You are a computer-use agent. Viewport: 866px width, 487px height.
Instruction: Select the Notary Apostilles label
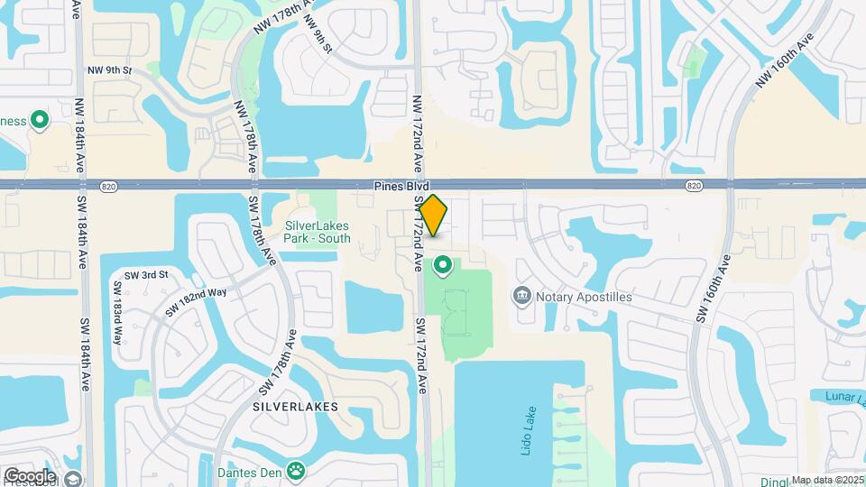[584, 297]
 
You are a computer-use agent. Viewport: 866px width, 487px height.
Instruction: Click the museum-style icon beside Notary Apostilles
[521, 296]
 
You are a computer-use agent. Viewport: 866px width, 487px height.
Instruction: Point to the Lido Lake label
[527, 432]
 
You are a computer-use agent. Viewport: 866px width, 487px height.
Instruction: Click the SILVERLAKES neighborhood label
[296, 407]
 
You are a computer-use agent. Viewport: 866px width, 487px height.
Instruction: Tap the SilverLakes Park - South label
[318, 233]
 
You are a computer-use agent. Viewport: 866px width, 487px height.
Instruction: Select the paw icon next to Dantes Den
[295, 470]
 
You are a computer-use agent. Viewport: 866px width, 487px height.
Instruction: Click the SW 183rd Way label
[116, 314]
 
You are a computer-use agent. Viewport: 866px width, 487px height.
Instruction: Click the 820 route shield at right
[693, 186]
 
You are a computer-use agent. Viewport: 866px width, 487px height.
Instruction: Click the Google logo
[30, 475]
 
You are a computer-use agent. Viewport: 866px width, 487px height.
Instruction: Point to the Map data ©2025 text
[827, 480]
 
